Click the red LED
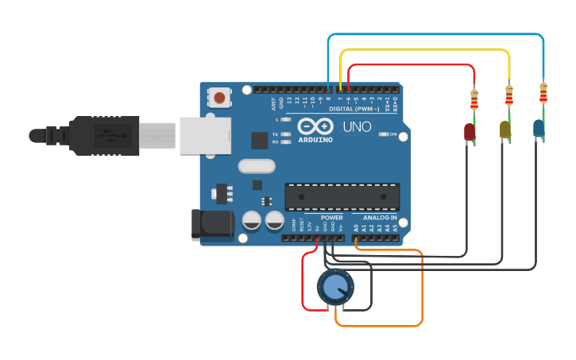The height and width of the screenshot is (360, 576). [470, 132]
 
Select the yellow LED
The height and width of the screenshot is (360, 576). [504, 129]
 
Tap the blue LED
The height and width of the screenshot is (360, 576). [539, 127]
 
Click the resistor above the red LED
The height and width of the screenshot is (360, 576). [474, 100]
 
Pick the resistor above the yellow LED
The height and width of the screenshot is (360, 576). [509, 95]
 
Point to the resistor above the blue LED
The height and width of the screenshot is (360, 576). [543, 93]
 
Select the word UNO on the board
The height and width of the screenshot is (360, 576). [357, 127]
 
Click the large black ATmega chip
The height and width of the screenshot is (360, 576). [342, 196]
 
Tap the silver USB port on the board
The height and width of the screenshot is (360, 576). [205, 136]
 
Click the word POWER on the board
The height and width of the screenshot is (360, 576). [332, 217]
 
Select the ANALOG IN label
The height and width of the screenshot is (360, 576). [380, 217]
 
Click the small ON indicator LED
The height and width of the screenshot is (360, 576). [385, 134]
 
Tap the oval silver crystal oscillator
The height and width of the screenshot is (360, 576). [256, 166]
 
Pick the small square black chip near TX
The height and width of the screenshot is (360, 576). [260, 141]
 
